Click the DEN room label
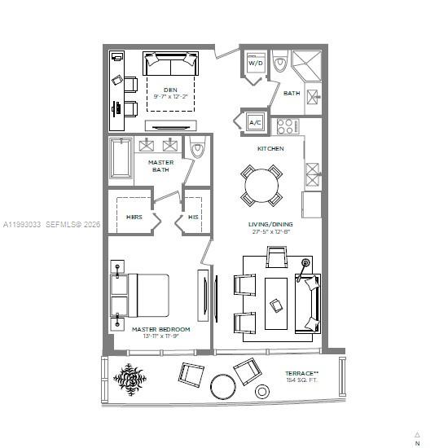(170, 89)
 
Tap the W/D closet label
(255, 63)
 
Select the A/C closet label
(255, 122)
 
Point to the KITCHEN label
(270, 149)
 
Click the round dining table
(261, 187)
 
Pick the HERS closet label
(134, 217)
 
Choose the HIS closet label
(193, 217)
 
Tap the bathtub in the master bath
(121, 160)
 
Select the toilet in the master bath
(197, 150)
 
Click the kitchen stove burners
(288, 125)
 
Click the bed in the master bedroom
(145, 295)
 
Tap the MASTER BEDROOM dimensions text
(160, 336)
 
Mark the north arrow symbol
(417, 435)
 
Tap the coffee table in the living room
(277, 304)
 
